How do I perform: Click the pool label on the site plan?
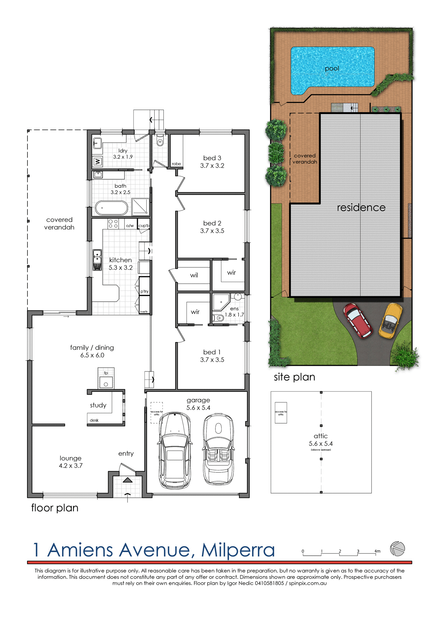332,68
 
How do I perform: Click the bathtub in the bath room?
111,208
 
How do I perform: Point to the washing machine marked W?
98,161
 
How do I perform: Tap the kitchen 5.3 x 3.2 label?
121,264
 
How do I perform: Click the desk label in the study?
94,420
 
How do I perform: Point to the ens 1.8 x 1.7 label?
234,311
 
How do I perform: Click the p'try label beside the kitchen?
144,291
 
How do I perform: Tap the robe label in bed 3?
176,164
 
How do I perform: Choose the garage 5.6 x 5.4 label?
198,404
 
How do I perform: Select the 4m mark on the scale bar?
377,551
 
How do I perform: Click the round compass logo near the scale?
398,549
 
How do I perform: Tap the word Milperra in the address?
238,550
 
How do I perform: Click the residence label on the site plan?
361,208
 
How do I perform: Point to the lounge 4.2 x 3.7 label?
70,462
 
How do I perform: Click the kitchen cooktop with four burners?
113,224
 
